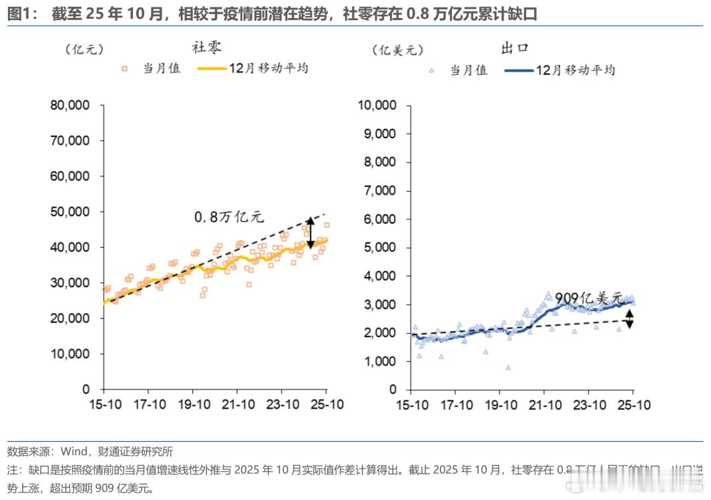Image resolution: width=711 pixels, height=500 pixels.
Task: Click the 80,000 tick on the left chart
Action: point(75,105)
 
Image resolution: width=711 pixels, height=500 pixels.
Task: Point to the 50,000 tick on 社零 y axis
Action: point(75,212)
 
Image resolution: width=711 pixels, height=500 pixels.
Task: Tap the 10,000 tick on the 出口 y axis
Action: point(378,105)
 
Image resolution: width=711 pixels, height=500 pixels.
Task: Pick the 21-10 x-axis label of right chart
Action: point(545,405)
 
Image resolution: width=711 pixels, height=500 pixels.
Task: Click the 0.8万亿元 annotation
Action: point(229,217)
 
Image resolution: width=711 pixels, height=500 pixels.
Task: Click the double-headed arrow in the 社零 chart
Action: point(310,233)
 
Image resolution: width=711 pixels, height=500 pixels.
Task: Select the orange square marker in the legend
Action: point(124,68)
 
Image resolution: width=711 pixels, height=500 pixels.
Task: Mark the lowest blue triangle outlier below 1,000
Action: point(508,367)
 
